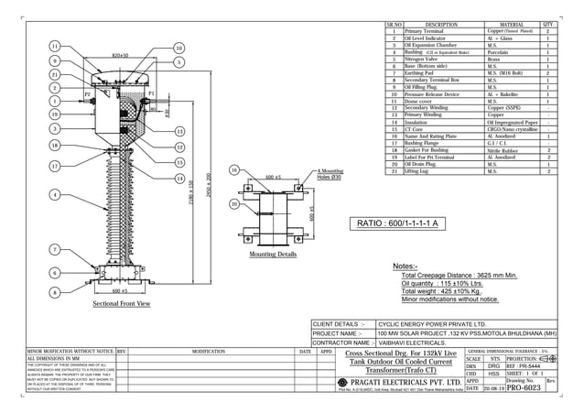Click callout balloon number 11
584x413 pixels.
tap(55, 46)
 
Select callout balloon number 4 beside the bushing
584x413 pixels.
tap(55, 195)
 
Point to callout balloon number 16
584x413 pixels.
tap(234, 169)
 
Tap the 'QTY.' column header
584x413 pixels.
tap(548, 25)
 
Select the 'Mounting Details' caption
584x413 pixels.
tap(274, 254)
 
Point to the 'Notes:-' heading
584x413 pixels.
tap(406, 266)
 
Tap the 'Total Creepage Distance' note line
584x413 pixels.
tap(460, 275)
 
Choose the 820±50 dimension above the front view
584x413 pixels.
tap(120, 55)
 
